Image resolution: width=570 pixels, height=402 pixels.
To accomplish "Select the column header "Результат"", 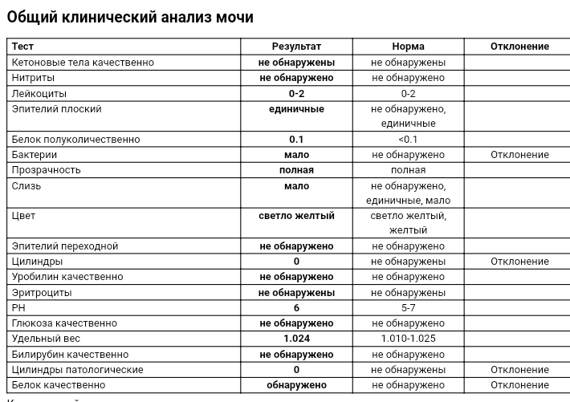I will point(296,47).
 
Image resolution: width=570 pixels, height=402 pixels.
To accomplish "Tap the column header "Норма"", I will point(408,47).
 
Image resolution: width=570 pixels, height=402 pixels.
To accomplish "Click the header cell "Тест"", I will point(22,47).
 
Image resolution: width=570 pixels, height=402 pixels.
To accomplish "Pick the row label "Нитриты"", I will point(33,78).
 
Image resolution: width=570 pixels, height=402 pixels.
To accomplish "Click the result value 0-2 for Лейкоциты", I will point(296,93).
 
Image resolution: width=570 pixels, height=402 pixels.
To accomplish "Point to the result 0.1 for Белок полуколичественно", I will point(296,140).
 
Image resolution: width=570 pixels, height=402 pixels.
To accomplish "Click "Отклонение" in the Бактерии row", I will point(519,155).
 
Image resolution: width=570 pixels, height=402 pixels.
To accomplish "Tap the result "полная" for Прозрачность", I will point(296,170).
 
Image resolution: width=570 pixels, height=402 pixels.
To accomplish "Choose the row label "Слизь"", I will point(26,186).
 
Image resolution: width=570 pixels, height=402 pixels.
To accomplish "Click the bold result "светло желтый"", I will point(296,216).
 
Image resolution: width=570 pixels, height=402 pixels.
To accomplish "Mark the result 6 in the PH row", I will point(296,308).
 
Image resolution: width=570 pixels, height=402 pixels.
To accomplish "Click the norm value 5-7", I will point(408,308).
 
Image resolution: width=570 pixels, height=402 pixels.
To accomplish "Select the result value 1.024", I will point(296,339).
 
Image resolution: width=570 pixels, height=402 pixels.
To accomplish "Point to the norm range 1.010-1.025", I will point(408,339).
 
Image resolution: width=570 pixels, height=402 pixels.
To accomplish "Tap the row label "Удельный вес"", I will point(46,339).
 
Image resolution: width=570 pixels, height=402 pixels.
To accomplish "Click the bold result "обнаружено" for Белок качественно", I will point(296,385).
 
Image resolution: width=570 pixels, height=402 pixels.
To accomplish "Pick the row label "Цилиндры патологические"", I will point(77,370).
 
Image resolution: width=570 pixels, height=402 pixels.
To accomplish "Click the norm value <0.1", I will point(408,140).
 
